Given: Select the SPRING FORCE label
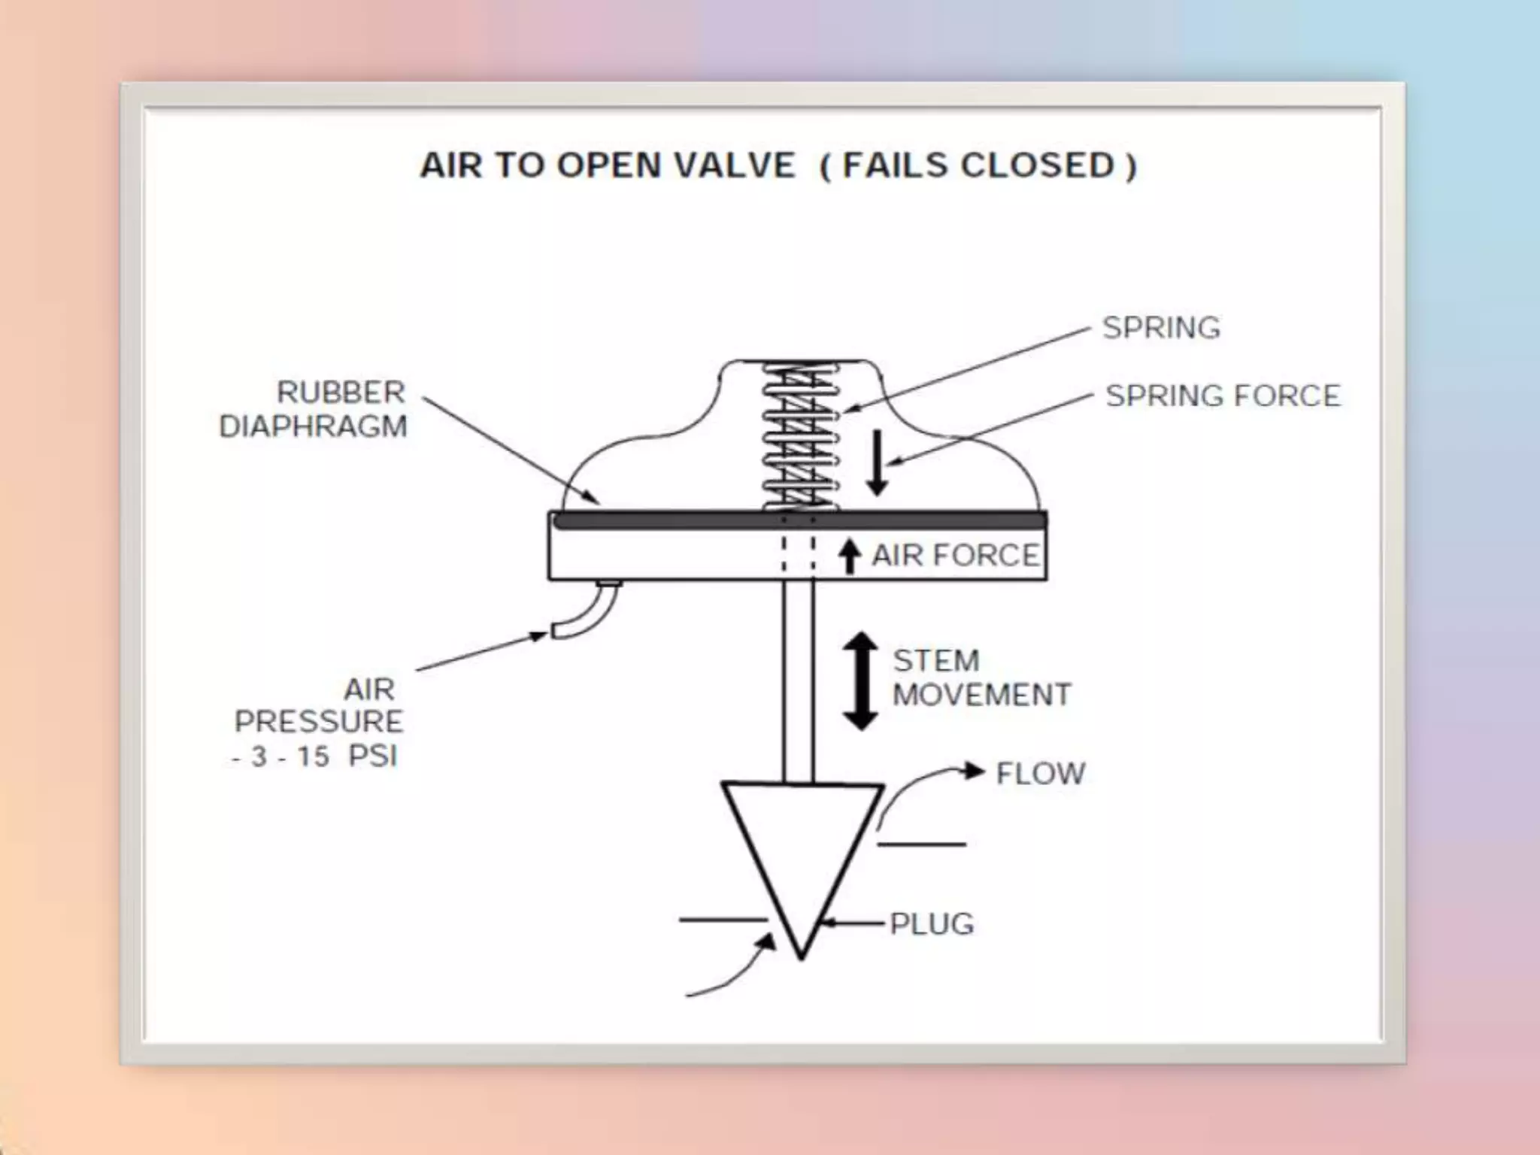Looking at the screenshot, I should pyautogui.click(x=1223, y=396).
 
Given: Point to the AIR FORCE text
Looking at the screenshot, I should pyautogui.click(x=955, y=556).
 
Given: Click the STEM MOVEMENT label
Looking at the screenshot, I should pyautogui.click(x=981, y=678).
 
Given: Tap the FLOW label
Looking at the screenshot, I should pyautogui.click(x=1040, y=773).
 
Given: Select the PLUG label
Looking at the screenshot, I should pyautogui.click(x=932, y=923).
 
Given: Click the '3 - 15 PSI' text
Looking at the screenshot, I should pyautogui.click(x=316, y=756).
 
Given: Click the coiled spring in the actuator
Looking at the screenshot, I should pyautogui.click(x=799, y=436).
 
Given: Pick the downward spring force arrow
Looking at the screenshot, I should pyautogui.click(x=877, y=462).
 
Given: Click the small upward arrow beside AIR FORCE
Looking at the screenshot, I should pyautogui.click(x=850, y=556).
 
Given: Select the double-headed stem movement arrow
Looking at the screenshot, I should pyautogui.click(x=860, y=681).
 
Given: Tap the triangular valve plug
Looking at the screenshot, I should pyautogui.click(x=802, y=850).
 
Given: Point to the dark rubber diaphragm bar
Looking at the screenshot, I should pyautogui.click(x=797, y=520).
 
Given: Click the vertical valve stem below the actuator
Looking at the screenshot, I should pyautogui.click(x=798, y=677).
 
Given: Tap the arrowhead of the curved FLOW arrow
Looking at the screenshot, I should pyautogui.click(x=975, y=771).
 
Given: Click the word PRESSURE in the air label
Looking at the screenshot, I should pyautogui.click(x=319, y=722).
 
